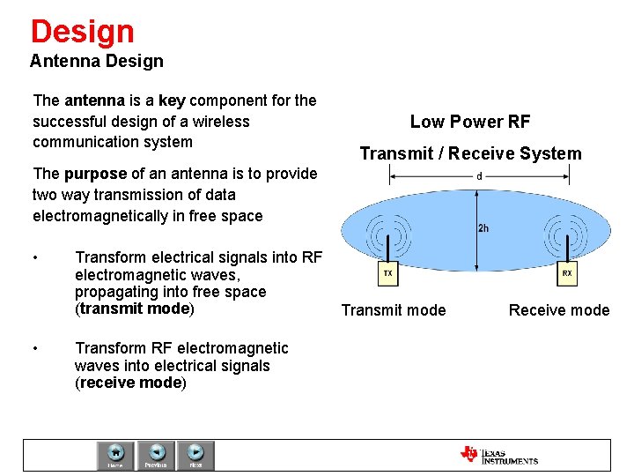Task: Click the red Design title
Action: pos(82,31)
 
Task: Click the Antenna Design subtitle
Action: pos(96,61)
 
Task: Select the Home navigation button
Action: pos(115,455)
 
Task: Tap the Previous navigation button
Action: pos(156,455)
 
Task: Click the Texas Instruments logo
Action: pos(498,455)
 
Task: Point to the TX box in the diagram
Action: pos(387,274)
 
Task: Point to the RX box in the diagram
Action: pos(566,274)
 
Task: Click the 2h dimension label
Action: pos(484,228)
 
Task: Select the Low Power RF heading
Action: pos(470,122)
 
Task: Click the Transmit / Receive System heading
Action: pos(470,153)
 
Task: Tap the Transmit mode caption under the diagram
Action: pos(394,309)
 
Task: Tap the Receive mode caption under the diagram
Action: pos(559,309)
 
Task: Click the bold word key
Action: pos(172,100)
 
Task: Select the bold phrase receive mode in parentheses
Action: pos(130,383)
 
